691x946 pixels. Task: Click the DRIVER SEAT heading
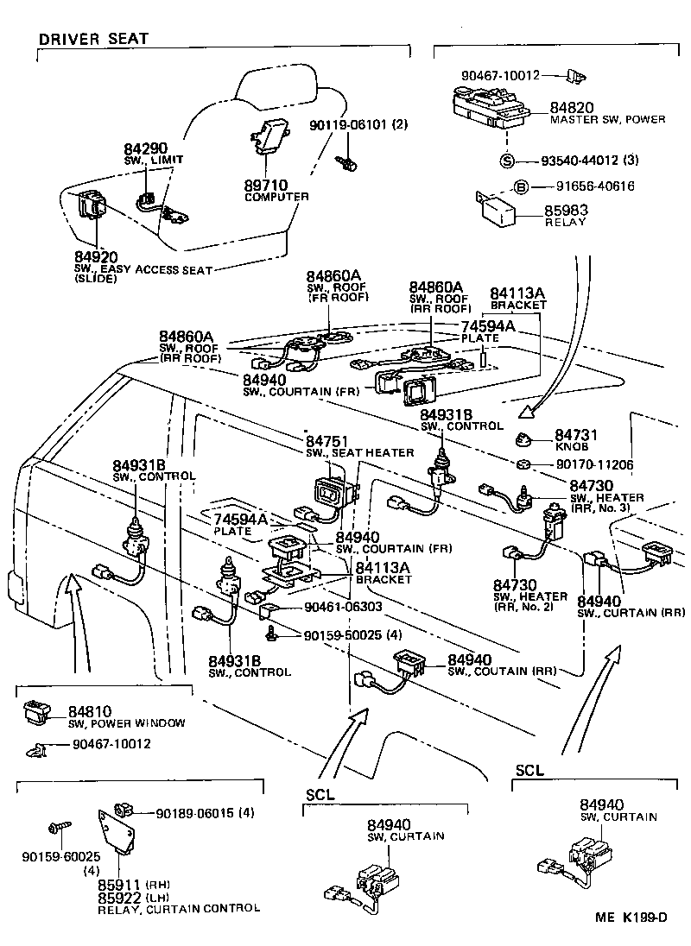[x=93, y=38]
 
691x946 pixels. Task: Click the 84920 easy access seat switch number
[x=95, y=256]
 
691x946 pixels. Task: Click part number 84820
[x=572, y=108]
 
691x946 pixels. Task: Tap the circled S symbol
[x=508, y=161]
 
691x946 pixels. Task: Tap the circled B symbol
[x=521, y=186]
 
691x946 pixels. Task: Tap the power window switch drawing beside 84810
[x=36, y=713]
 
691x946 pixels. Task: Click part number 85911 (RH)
[x=121, y=884]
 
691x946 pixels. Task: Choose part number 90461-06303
[x=343, y=607]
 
